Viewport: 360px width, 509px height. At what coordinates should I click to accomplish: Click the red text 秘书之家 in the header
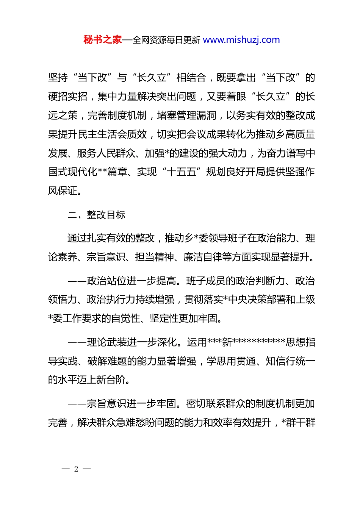pyautogui.click(x=103, y=40)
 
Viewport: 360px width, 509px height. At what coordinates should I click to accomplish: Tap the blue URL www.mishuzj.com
pyautogui.click(x=241, y=40)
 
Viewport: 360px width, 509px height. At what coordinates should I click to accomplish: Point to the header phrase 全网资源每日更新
pyautogui.click(x=166, y=40)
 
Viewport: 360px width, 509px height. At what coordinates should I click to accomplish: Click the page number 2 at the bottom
pyautogui.click(x=76, y=469)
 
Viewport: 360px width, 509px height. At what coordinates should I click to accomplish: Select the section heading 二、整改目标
pyautogui.click(x=96, y=215)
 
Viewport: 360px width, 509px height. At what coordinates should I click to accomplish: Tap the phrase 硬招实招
pyautogui.click(x=68, y=97)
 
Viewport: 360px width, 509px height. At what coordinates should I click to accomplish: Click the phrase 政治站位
pyautogui.click(x=106, y=281)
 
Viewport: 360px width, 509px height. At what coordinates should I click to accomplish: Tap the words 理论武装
pyautogui.click(x=106, y=342)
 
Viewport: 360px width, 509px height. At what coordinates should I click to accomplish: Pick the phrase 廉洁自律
pyautogui.click(x=203, y=257)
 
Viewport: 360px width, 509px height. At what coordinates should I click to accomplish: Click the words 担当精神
pyautogui.click(x=155, y=257)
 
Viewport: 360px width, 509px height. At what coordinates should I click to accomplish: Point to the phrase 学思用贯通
pyautogui.click(x=231, y=361)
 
